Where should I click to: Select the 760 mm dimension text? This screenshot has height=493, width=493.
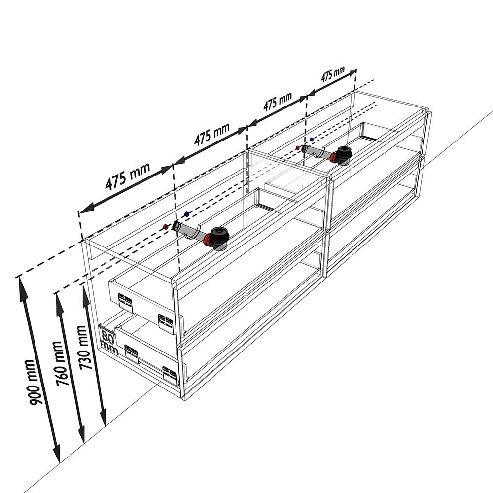tap(61, 363)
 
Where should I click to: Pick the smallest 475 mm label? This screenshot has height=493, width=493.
tap(333, 74)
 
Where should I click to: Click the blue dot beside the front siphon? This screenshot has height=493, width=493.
tap(187, 214)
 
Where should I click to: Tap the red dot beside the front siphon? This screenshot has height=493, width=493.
tap(166, 227)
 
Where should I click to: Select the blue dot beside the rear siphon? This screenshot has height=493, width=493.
tap(312, 139)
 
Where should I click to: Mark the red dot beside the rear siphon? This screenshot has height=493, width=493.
tap(297, 147)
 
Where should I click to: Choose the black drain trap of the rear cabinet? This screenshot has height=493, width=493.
tap(344, 154)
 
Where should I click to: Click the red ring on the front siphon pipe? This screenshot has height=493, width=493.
tap(207, 240)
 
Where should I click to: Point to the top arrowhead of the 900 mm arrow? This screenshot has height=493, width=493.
tap(22, 287)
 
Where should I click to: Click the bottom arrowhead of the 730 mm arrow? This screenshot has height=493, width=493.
tap(103, 418)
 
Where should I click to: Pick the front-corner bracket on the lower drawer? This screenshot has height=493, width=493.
tap(170, 376)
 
